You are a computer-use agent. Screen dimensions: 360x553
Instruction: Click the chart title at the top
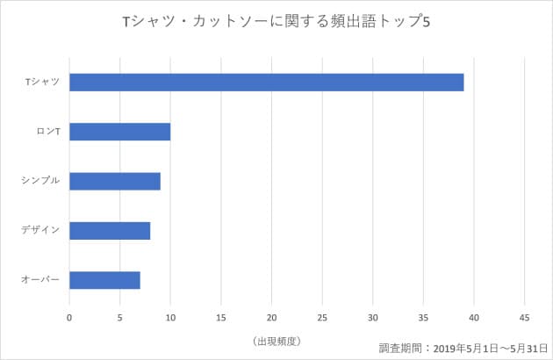point(276,21)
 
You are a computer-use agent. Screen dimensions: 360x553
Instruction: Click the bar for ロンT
point(119,132)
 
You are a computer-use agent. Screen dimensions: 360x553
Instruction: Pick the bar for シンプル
point(114,181)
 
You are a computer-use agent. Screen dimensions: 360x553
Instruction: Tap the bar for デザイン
point(110,231)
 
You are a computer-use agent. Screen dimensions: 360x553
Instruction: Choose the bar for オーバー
point(104,280)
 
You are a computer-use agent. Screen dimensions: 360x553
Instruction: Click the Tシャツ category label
point(42,83)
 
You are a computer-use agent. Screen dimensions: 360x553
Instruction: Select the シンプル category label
point(40,181)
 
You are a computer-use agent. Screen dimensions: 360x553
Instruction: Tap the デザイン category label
point(40,231)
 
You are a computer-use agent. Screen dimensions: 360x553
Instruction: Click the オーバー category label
point(40,280)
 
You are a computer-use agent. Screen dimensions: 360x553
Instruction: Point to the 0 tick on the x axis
point(69,317)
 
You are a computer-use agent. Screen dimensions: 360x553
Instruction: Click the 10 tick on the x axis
point(170,317)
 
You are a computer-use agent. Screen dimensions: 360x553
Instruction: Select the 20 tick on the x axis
point(271,317)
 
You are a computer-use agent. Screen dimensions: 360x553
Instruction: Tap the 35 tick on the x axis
point(423,317)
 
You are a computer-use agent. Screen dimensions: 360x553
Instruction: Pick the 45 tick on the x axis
point(524,317)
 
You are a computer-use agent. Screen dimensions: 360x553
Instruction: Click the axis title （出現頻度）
point(276,340)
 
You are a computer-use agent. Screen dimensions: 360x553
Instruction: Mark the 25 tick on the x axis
point(322,317)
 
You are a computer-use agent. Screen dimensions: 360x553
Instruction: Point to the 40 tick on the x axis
point(474,317)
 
